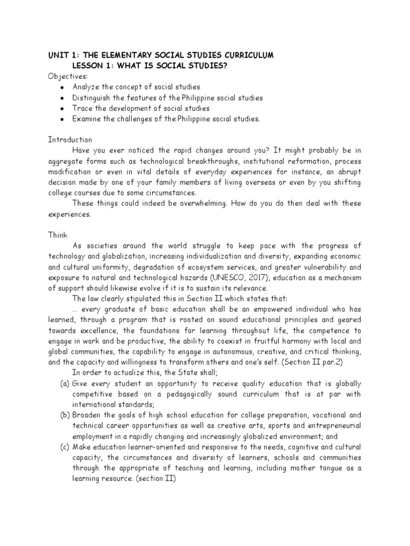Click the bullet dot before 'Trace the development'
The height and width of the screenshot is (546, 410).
[63, 109]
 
